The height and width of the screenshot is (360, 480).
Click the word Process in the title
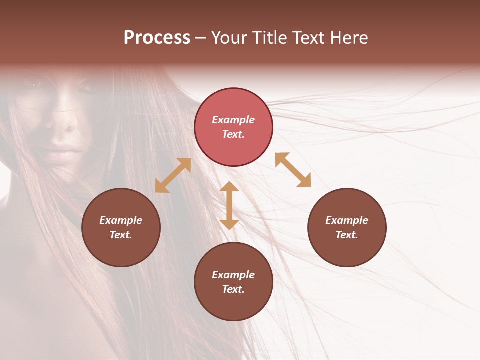click(157, 38)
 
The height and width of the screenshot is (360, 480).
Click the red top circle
click(233, 127)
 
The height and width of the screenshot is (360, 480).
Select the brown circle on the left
click(121, 227)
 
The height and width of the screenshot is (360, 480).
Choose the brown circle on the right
click(347, 227)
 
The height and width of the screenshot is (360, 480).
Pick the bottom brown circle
click(233, 281)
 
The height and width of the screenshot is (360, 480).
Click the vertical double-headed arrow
click(229, 205)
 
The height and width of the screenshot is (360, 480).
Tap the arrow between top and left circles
click(173, 175)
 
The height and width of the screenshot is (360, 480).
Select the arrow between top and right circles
click(293, 170)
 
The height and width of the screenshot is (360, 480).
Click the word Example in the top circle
click(233, 120)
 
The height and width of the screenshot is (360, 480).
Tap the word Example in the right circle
click(347, 220)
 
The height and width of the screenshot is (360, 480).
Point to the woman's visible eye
click(34, 84)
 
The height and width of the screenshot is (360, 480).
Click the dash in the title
click(201, 38)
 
